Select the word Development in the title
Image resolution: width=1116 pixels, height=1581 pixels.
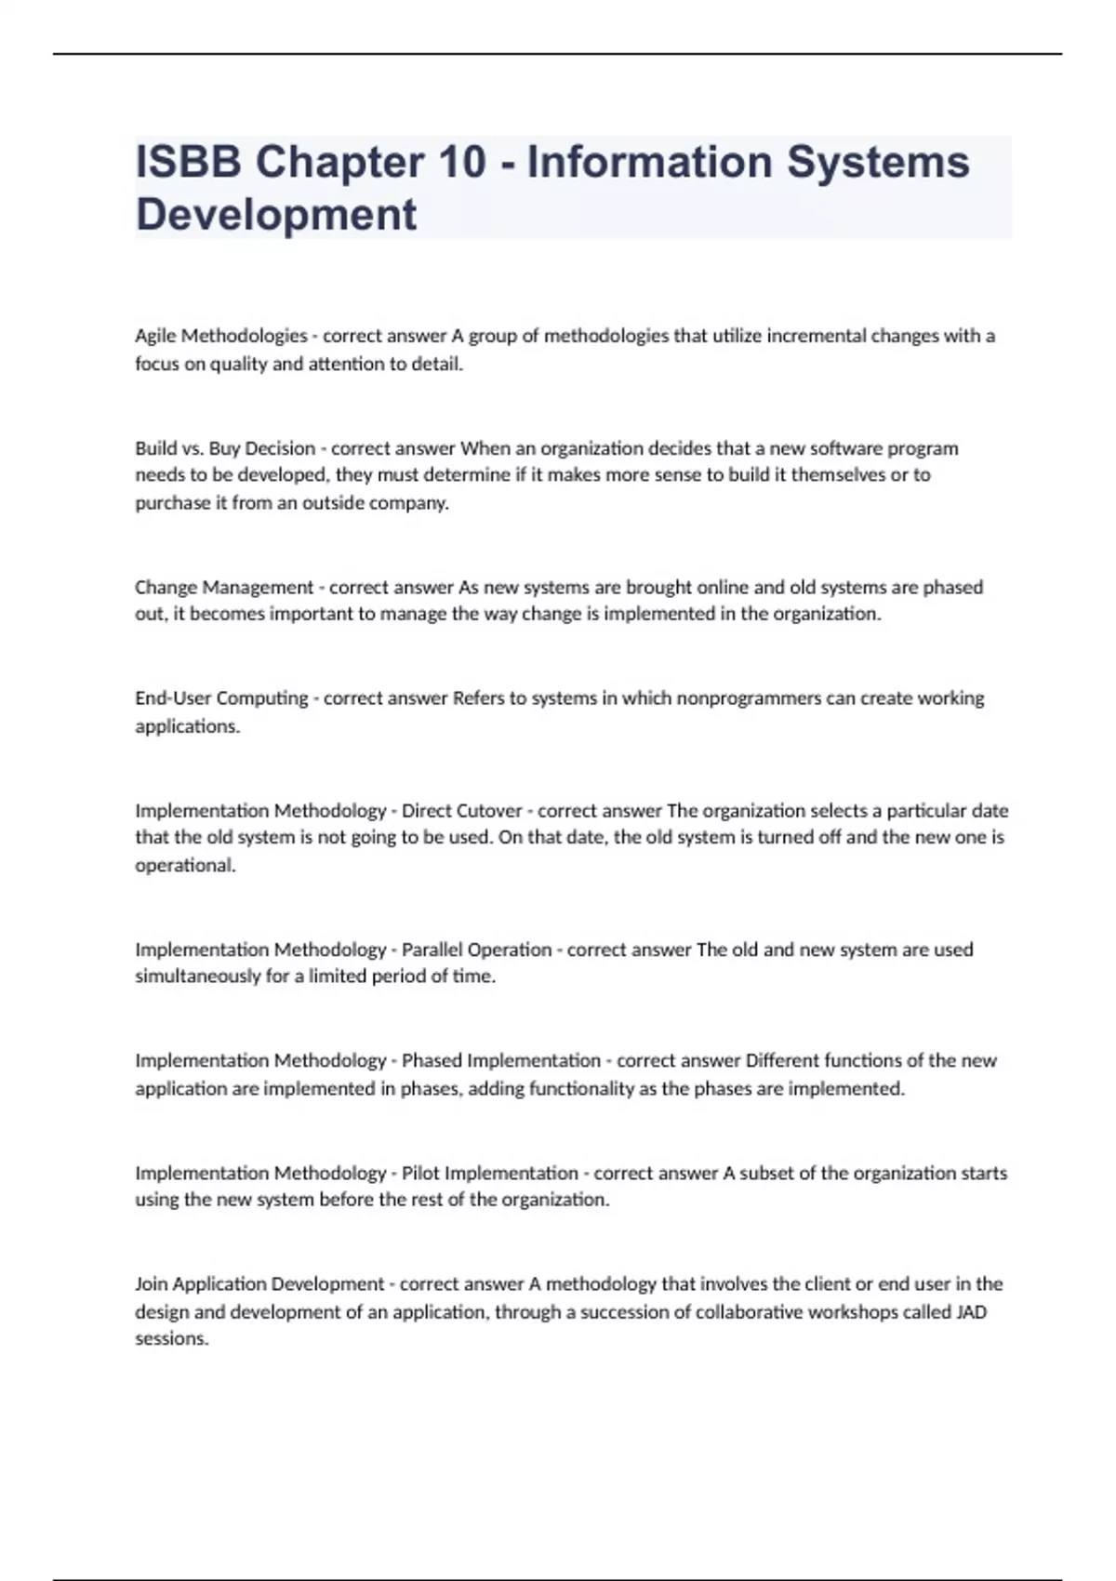(x=276, y=215)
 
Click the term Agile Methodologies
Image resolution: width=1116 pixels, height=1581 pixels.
(x=220, y=336)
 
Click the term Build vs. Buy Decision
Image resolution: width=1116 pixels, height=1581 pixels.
(x=225, y=448)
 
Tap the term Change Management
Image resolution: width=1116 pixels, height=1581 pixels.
(x=224, y=588)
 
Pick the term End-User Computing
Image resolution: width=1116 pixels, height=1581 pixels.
(x=221, y=698)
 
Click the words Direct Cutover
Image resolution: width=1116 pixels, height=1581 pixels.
(x=461, y=811)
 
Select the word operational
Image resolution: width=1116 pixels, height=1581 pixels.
(x=184, y=865)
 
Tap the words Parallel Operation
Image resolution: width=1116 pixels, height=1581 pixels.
(x=476, y=950)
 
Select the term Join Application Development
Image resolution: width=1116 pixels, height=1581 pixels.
(x=259, y=1284)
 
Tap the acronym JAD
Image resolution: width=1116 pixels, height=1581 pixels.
(x=971, y=1312)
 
